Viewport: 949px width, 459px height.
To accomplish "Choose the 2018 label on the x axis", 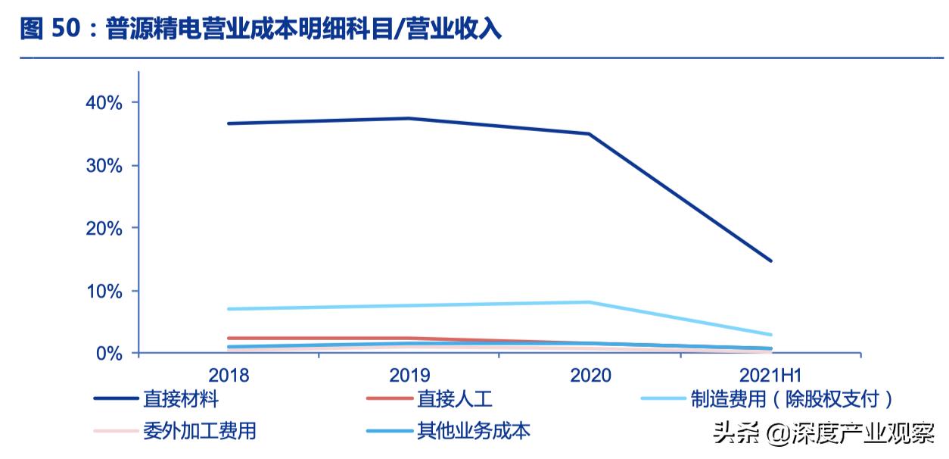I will click(x=229, y=375).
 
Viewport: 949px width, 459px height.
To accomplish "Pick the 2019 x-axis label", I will click(x=409, y=375).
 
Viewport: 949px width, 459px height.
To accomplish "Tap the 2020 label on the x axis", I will click(x=590, y=375).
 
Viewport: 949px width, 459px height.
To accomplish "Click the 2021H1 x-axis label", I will click(x=770, y=375).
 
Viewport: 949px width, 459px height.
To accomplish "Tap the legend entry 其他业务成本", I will click(x=473, y=432).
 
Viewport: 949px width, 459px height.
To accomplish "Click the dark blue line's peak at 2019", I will click(x=409, y=118).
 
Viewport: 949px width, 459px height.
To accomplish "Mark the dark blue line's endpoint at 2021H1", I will click(x=770, y=261).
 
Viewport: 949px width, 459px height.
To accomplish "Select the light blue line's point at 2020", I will click(x=590, y=302).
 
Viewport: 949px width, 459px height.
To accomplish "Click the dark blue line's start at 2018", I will click(x=229, y=123).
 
